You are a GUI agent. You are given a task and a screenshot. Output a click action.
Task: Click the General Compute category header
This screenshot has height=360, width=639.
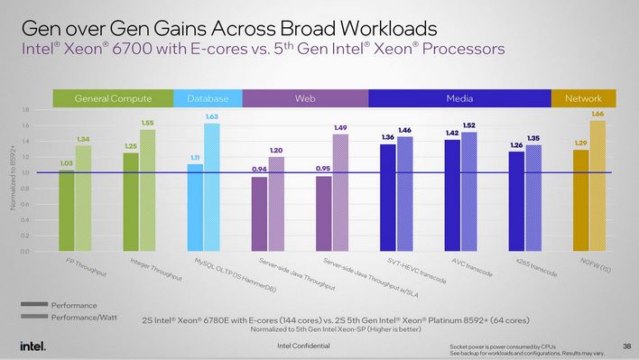[x=112, y=97]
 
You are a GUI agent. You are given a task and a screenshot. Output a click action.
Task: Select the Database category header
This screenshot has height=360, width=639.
[x=208, y=97]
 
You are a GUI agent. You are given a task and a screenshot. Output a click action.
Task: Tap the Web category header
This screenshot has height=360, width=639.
[x=305, y=97]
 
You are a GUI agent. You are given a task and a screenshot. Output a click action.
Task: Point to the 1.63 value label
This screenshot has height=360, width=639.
[x=211, y=117]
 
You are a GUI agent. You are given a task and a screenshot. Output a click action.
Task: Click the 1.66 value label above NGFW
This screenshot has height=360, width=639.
[x=597, y=114]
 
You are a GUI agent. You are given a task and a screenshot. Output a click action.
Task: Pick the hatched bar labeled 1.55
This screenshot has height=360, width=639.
[x=148, y=190]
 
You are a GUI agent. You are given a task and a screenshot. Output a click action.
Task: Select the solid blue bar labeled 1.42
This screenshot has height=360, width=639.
[x=452, y=195]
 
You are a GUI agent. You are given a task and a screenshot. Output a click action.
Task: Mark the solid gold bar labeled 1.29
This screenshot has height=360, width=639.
[x=581, y=200]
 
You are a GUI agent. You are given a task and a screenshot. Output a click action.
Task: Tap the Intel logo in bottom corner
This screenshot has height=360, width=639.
[x=32, y=346]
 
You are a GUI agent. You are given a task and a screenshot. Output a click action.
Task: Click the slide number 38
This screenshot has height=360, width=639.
[x=625, y=346]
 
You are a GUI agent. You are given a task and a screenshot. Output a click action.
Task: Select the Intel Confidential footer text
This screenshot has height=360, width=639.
[x=305, y=346]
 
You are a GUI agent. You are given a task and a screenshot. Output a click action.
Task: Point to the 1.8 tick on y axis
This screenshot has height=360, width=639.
[x=24, y=110]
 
